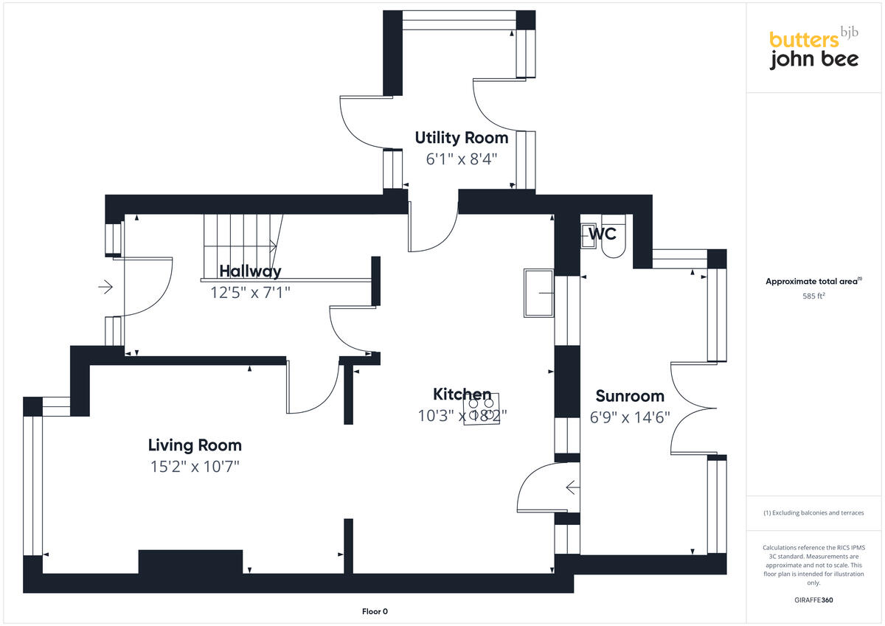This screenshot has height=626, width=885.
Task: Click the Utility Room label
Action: (461, 138)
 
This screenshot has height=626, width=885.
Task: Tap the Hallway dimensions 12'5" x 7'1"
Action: (251, 292)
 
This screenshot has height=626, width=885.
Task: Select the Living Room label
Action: (195, 445)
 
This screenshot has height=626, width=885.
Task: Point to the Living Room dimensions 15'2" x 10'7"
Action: (195, 467)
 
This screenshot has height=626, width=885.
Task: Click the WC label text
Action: (602, 235)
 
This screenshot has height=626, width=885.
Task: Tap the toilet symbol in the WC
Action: (613, 235)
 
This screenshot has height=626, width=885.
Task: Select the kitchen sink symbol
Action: (538, 293)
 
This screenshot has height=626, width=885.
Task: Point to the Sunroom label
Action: (630, 396)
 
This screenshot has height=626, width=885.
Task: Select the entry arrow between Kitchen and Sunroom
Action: (572, 487)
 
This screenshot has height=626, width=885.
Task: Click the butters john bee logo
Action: (813, 49)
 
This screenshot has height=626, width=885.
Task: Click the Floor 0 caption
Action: (375, 611)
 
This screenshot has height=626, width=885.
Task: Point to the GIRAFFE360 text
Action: (813, 600)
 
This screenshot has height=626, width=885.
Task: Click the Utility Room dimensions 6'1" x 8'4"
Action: (462, 159)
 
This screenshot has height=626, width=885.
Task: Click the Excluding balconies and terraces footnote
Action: (813, 512)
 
